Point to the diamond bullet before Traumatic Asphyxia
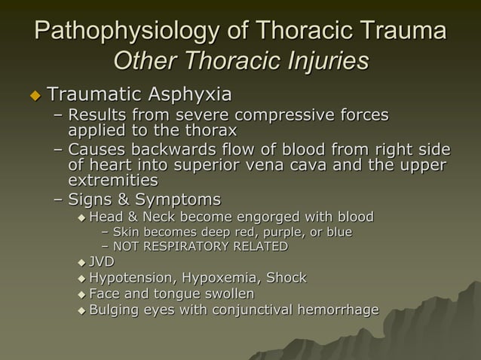point(34,96)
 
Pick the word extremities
point(113,181)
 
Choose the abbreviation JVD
point(102,262)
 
